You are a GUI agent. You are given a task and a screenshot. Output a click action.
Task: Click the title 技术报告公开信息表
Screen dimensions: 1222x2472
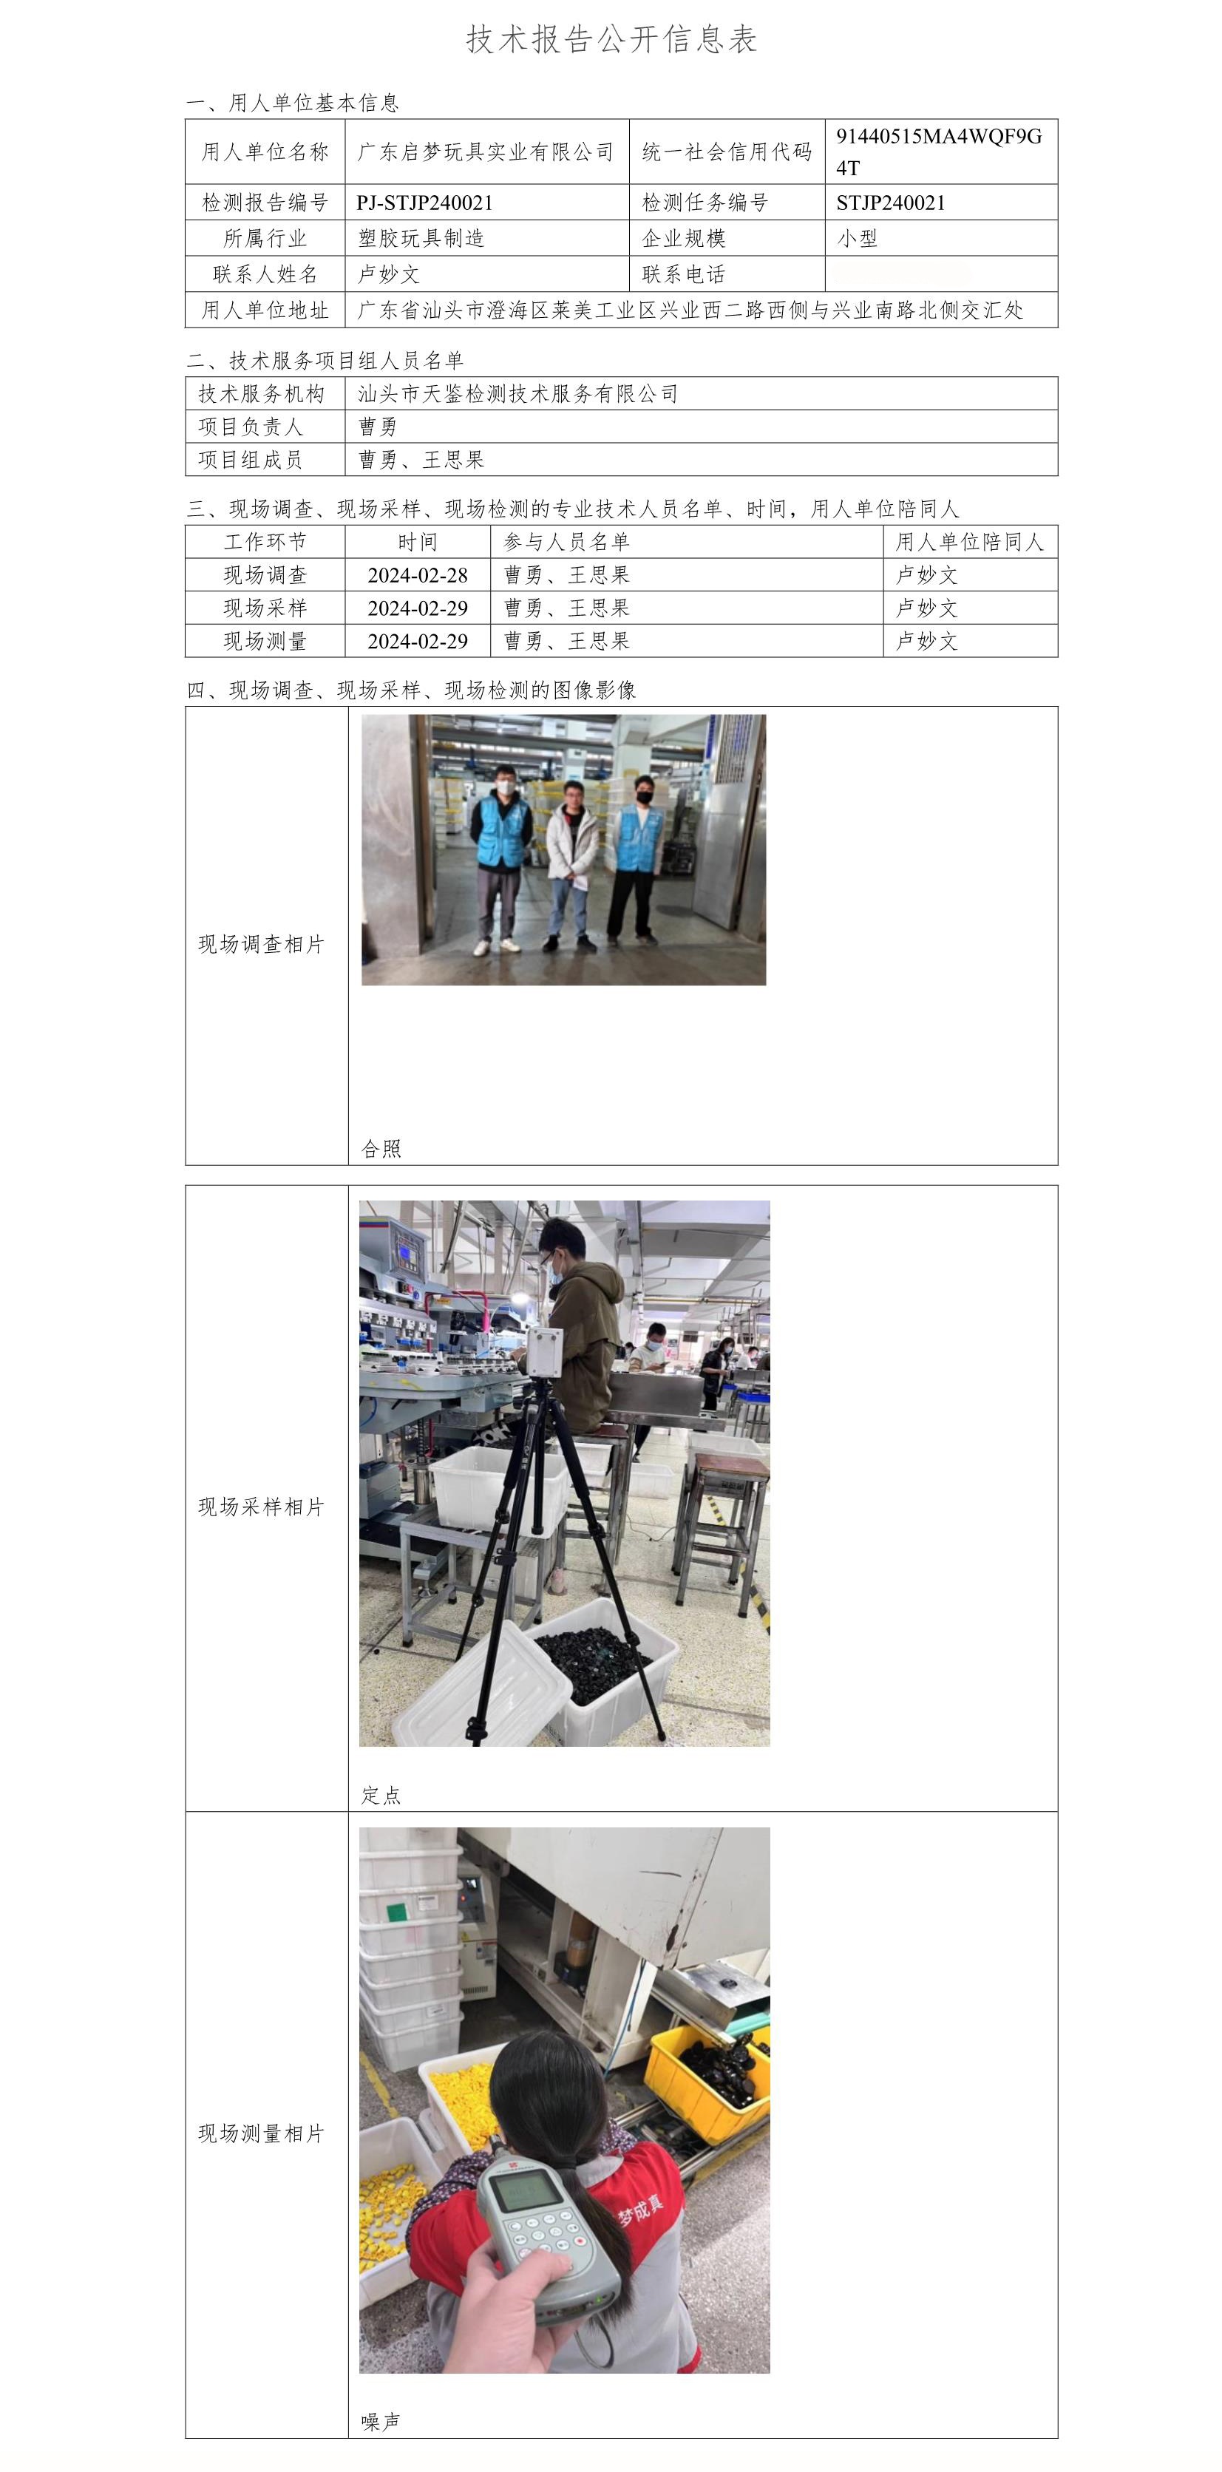(611, 39)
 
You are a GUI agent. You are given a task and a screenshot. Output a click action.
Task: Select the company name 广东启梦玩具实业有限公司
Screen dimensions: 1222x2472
(486, 152)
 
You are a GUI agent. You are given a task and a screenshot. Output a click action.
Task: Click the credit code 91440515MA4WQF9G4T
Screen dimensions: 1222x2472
(939, 152)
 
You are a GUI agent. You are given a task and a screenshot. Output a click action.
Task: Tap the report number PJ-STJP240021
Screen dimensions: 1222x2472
(424, 203)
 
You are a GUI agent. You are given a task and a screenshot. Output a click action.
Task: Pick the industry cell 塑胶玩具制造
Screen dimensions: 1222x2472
(421, 238)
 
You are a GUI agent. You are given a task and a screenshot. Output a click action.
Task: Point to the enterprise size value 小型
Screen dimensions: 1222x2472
(856, 238)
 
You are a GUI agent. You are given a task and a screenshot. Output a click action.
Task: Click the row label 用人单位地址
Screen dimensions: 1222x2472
(265, 310)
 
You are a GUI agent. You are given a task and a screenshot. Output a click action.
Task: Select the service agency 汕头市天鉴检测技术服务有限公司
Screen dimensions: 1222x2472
(517, 393)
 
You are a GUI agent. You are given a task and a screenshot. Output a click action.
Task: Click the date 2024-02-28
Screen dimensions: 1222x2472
(418, 575)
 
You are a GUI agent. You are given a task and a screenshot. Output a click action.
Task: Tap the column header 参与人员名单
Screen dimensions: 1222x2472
(566, 542)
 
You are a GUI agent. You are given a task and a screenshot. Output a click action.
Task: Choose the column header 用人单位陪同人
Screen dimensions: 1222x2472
(969, 542)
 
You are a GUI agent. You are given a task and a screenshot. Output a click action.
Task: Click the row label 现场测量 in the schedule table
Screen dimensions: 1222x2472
(265, 641)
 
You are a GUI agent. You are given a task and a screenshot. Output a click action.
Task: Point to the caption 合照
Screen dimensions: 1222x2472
(381, 1149)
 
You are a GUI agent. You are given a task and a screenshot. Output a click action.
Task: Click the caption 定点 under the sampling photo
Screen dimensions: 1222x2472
(381, 1796)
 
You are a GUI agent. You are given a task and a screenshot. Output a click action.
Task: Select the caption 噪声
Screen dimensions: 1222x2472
(381, 2422)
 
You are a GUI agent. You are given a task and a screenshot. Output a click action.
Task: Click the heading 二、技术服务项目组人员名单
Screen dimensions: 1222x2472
(325, 361)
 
